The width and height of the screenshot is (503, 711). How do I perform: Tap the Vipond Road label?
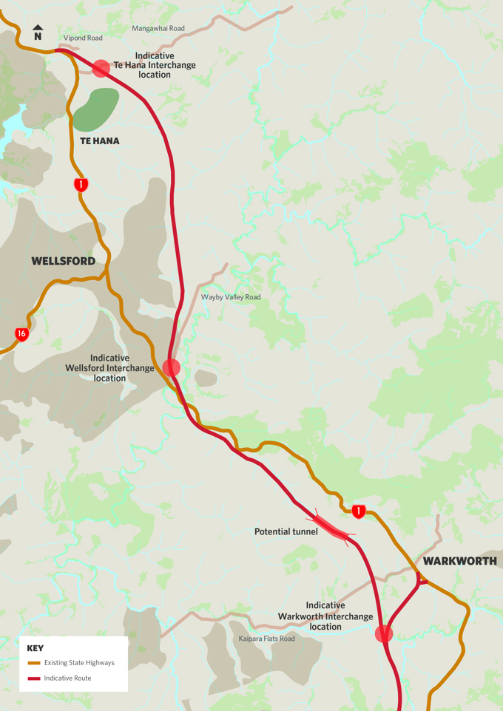click(84, 37)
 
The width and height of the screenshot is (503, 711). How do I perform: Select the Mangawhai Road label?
click(158, 29)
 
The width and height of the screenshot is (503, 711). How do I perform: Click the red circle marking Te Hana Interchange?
click(101, 68)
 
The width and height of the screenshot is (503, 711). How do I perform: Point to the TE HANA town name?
click(100, 141)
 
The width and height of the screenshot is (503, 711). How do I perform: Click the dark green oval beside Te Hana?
click(96, 109)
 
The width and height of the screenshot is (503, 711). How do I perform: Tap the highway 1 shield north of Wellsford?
click(81, 185)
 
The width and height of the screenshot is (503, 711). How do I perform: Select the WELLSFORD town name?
click(63, 261)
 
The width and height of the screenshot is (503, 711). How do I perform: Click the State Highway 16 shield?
click(22, 335)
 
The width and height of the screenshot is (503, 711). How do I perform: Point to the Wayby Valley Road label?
click(231, 297)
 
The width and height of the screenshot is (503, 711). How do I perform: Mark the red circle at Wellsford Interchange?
click(172, 367)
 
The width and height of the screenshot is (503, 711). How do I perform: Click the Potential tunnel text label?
click(286, 531)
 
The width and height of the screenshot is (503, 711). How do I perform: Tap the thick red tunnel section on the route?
click(331, 528)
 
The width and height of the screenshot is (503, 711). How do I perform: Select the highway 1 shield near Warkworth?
click(359, 511)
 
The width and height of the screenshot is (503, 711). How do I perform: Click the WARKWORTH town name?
click(459, 561)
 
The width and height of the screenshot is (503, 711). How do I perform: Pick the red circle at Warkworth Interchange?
click(383, 633)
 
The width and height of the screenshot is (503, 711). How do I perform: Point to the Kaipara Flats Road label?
click(266, 639)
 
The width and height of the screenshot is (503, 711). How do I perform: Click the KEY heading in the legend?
click(36, 648)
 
